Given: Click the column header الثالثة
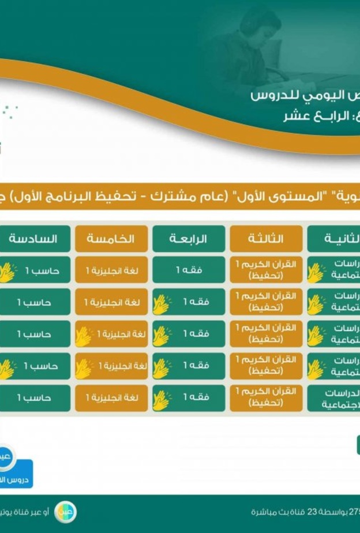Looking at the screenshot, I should pos(266,239).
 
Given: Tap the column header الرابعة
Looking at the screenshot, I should pos(189,239).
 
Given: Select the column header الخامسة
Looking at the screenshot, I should pos(111,239).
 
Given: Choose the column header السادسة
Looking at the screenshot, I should pos(35,239).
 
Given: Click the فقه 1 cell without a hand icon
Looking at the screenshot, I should pos(189,270).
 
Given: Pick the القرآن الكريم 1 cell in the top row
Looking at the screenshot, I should pos(266,270).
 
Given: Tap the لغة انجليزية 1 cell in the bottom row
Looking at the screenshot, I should pos(111,398).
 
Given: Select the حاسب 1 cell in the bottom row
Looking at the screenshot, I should pos(35,398).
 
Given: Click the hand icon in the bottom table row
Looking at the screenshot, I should pos(162,400).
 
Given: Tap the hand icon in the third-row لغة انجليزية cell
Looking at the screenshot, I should pos(84,336).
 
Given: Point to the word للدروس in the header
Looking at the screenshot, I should pos(274,94).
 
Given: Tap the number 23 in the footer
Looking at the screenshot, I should pos(312,512).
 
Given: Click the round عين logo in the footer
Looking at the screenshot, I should pos(65,511).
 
